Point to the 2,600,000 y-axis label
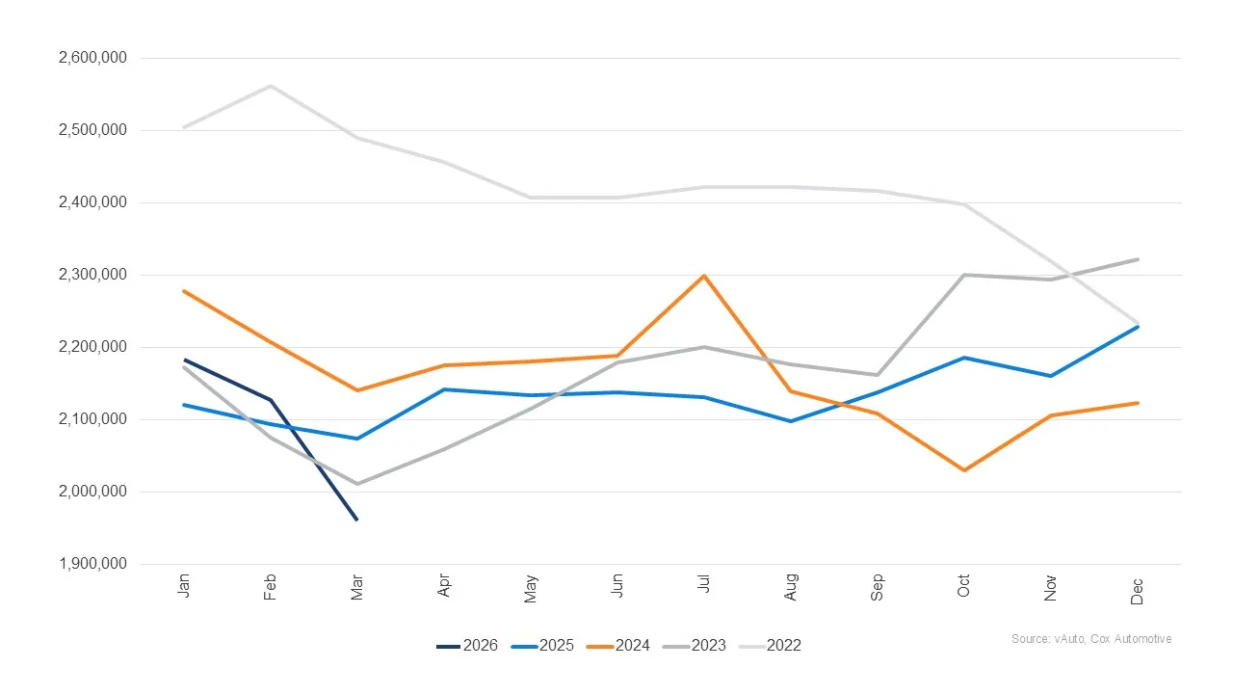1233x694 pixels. (93, 58)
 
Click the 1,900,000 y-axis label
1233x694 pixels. (93, 564)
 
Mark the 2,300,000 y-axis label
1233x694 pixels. (93, 275)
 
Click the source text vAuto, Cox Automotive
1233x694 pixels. (1091, 639)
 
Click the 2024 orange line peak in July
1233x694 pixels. (704, 276)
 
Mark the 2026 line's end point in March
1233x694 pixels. (357, 520)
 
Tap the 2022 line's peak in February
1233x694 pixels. (271, 86)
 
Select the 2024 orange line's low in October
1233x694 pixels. (964, 470)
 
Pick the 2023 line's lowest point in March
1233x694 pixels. (357, 484)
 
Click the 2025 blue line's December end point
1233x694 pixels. (1138, 327)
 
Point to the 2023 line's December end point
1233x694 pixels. (1138, 259)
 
